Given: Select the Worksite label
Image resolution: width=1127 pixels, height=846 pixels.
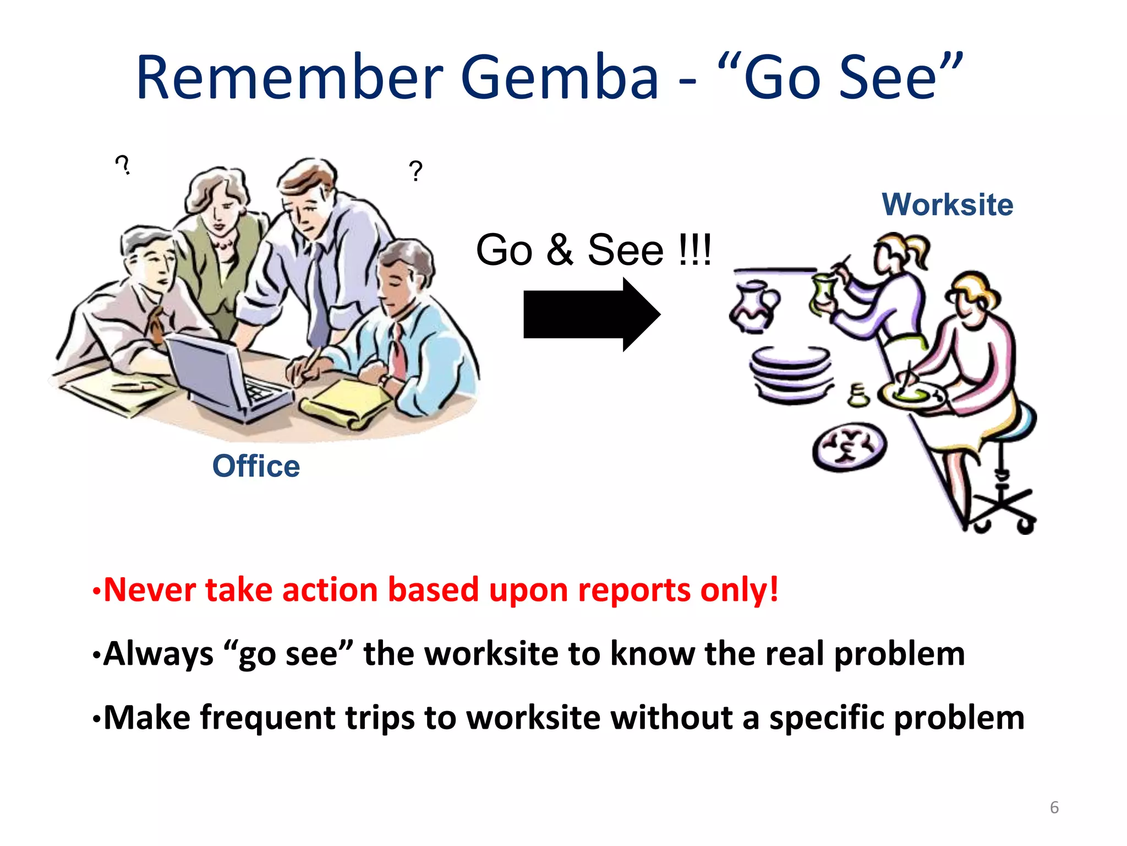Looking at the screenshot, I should (947, 205).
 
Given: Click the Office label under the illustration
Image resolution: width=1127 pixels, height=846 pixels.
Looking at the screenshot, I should (256, 466).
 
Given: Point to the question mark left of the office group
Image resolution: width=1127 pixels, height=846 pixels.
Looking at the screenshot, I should (122, 165).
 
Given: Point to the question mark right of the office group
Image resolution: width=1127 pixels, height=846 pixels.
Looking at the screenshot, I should (415, 171).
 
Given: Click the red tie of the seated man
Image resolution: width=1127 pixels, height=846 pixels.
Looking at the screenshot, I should (398, 352).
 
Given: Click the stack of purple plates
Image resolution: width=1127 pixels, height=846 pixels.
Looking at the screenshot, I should (791, 375).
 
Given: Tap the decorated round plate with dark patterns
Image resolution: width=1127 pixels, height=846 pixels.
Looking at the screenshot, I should (849, 447).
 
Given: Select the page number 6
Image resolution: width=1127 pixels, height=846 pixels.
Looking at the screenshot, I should (1054, 807).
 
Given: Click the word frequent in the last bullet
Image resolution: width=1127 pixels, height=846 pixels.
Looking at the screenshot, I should (267, 718).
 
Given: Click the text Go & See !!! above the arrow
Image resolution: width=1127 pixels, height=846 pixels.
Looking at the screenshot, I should (593, 250).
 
